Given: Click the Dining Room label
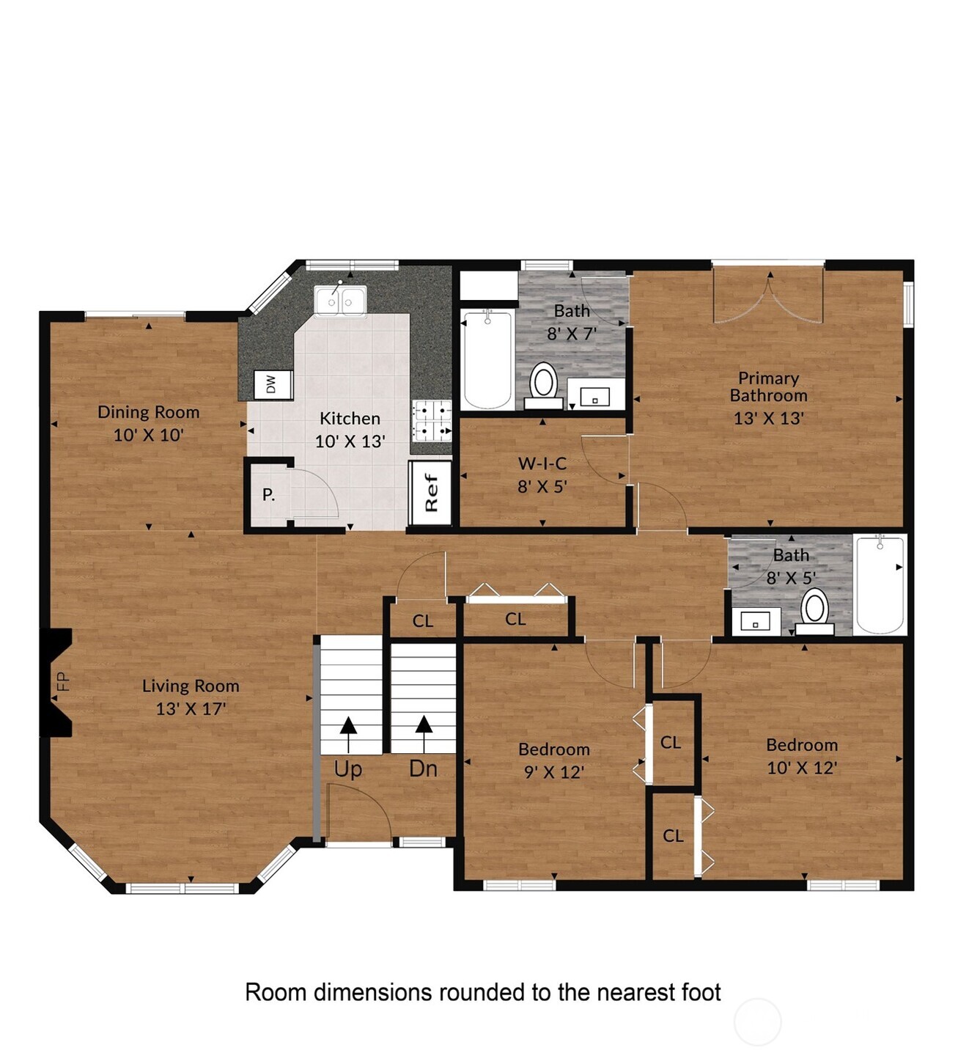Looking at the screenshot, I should pyautogui.click(x=148, y=412).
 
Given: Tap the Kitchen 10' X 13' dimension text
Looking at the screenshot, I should pyautogui.click(x=350, y=441).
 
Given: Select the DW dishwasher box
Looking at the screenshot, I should pyautogui.click(x=271, y=384).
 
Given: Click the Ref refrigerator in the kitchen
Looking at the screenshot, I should pyautogui.click(x=430, y=493).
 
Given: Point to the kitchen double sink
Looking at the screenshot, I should pyautogui.click(x=340, y=301).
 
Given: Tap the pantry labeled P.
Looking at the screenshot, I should pyautogui.click(x=269, y=495).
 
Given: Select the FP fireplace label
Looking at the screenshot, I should pyautogui.click(x=63, y=682).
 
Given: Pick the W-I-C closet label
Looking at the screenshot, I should pyautogui.click(x=542, y=463).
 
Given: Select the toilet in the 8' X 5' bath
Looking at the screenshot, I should pyautogui.click(x=814, y=612).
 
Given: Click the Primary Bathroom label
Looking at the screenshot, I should pyautogui.click(x=768, y=386).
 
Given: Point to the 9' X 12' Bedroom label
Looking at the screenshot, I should pyautogui.click(x=553, y=749).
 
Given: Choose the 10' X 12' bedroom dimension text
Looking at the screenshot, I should pyautogui.click(x=801, y=768).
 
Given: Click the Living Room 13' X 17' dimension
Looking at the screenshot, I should pyautogui.click(x=191, y=709).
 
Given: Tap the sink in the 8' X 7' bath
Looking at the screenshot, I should pyautogui.click(x=594, y=397).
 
